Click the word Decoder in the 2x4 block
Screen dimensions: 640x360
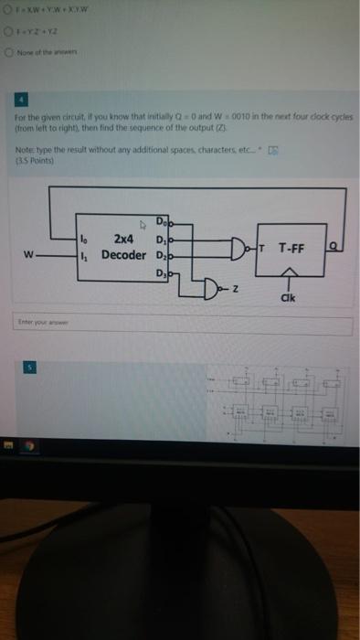coord(122,254)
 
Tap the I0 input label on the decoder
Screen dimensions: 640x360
coord(84,239)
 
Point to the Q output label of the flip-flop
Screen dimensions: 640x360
coord(335,246)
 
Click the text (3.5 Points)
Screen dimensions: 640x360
coord(33,165)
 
